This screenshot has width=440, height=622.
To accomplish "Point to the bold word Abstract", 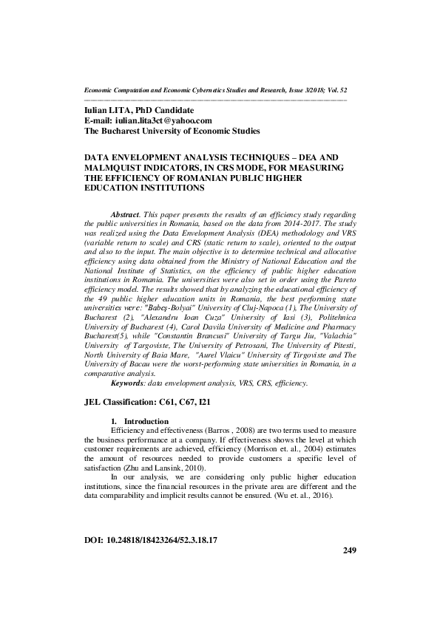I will pos(123,213).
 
